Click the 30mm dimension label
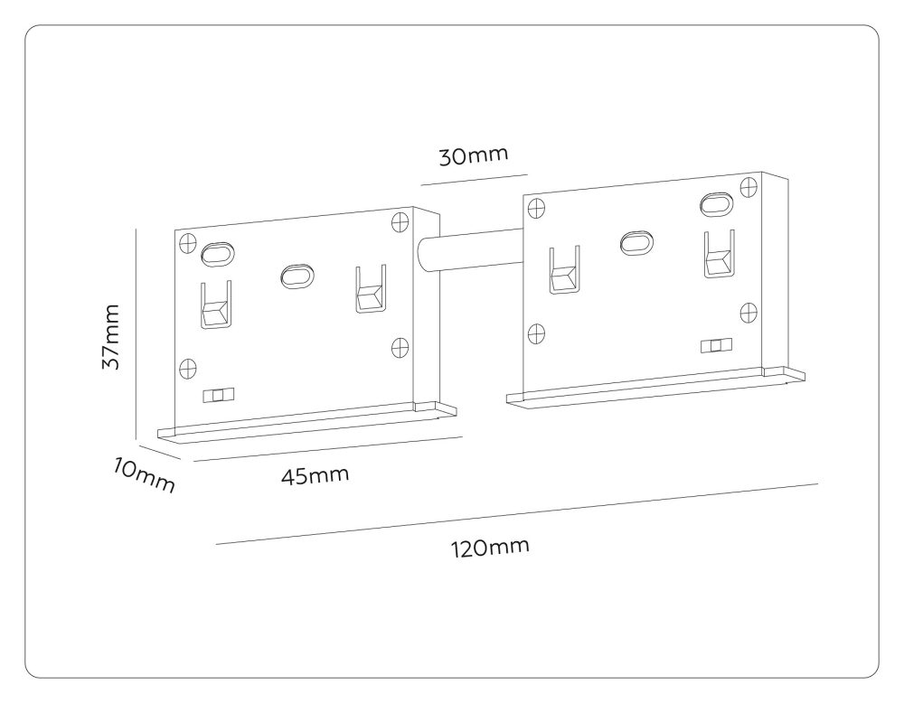pyautogui.click(x=474, y=155)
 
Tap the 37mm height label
pyautogui.click(x=109, y=337)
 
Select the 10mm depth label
pyautogui.click(x=144, y=474)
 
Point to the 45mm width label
pyautogui.click(x=315, y=475)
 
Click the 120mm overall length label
pyautogui.click(x=490, y=548)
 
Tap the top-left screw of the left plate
pyautogui.click(x=187, y=242)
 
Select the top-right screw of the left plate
pyautogui.click(x=400, y=222)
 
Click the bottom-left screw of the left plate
pyautogui.click(x=187, y=368)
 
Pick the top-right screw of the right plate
pyautogui.click(x=749, y=186)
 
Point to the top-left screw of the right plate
pyautogui.click(x=536, y=208)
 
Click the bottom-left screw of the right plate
pyautogui.click(x=536, y=333)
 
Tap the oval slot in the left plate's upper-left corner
pyautogui.click(x=218, y=254)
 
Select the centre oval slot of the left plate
pyautogui.click(x=296, y=275)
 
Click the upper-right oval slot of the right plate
pyautogui.click(x=717, y=203)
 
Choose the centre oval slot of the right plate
pyautogui.click(x=636, y=241)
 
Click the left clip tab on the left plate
pyautogui.click(x=216, y=305)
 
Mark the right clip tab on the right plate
pyautogui.click(x=719, y=257)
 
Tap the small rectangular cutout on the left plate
pyautogui.click(x=219, y=395)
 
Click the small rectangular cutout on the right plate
pyautogui.click(x=717, y=345)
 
